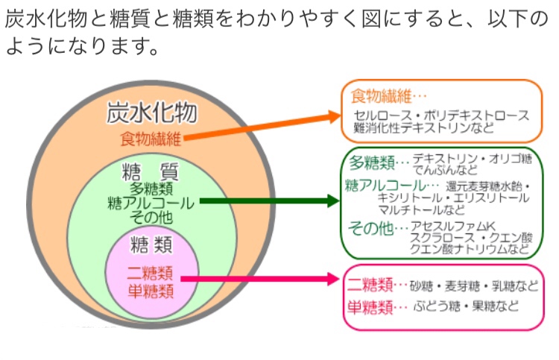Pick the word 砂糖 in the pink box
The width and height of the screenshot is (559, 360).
(x=421, y=285)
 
